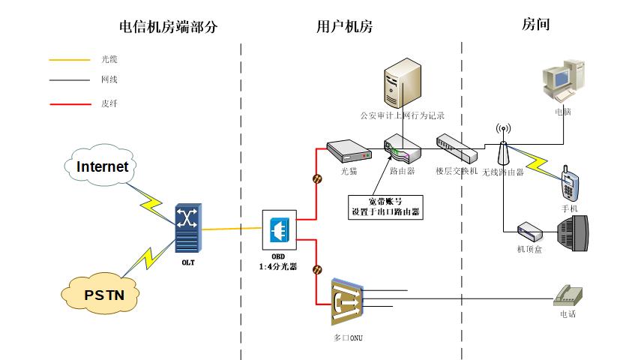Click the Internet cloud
(x=102, y=166)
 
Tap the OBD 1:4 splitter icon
(x=278, y=229)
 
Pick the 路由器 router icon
(x=402, y=150)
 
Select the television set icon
(x=574, y=234)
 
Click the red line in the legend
(x=67, y=104)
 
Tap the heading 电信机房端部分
(x=169, y=27)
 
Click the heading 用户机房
(x=344, y=27)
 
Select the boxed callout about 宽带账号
(x=385, y=206)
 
